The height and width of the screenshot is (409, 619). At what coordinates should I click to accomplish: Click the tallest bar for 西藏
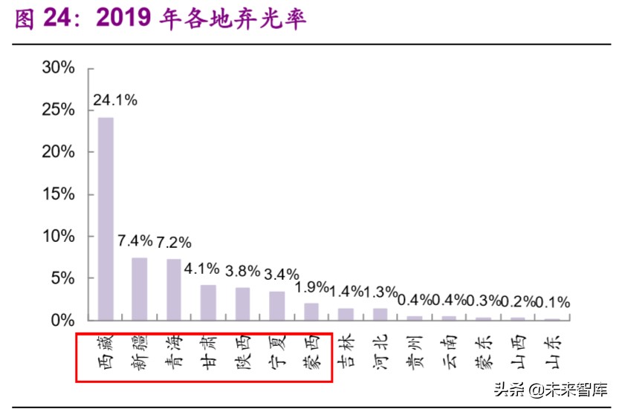(106, 218)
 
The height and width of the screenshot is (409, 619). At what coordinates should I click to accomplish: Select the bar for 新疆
(140, 289)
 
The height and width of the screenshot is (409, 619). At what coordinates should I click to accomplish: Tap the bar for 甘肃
(208, 302)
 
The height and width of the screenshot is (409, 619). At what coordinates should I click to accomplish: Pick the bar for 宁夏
(276, 305)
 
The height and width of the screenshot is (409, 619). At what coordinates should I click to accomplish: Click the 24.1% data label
(114, 100)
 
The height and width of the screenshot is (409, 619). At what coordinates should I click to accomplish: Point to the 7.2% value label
(175, 243)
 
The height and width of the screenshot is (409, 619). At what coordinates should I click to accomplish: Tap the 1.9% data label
(312, 287)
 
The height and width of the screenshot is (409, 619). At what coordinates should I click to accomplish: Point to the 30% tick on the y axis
(59, 68)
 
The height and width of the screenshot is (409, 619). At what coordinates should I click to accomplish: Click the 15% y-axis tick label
(59, 194)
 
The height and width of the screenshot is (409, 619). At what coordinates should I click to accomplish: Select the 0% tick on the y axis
(63, 321)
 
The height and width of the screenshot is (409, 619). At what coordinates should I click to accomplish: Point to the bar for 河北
(380, 314)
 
